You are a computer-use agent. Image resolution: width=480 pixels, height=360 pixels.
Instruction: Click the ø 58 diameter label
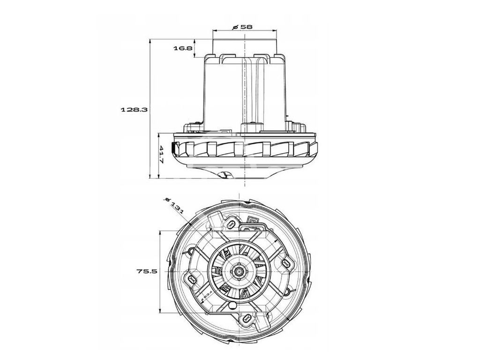click(x=243, y=27)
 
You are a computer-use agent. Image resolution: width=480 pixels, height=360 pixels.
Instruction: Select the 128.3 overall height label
click(x=135, y=109)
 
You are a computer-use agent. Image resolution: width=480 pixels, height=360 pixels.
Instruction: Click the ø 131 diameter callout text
click(x=174, y=204)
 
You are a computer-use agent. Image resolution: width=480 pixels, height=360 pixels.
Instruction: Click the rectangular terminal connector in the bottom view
click(x=254, y=222)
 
